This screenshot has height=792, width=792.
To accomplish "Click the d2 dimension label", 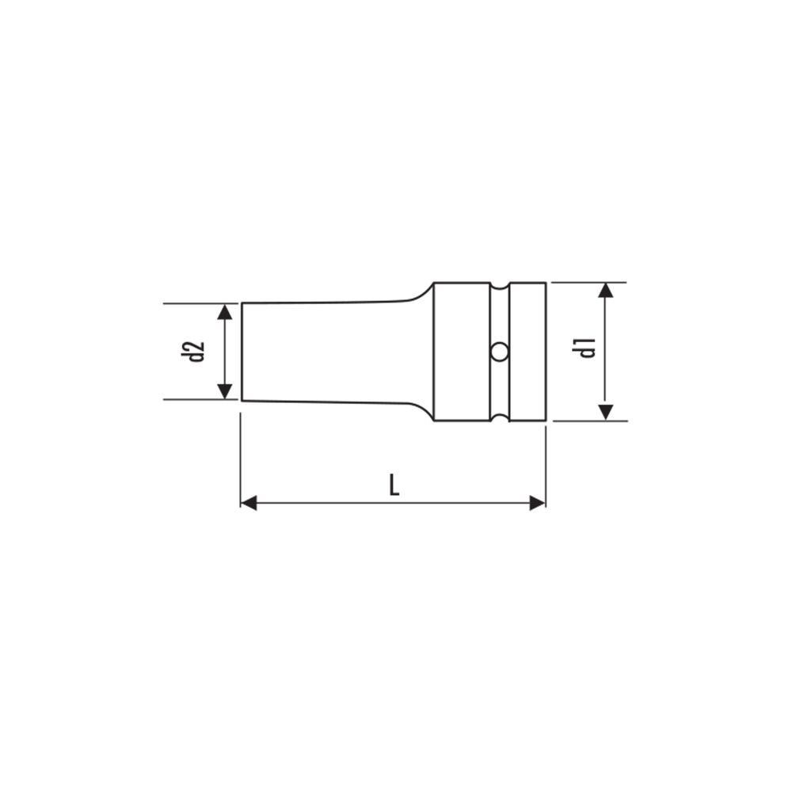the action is click(193, 352).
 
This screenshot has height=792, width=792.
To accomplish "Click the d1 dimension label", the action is click(588, 348).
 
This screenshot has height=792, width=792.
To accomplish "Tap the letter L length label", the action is click(394, 485).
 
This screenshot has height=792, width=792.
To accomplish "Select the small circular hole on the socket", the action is click(500, 352).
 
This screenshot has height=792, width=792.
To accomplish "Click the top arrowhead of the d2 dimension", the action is click(225, 311).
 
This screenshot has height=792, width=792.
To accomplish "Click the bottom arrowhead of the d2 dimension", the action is click(225, 391).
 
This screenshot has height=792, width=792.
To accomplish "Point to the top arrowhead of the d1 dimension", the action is click(606, 291).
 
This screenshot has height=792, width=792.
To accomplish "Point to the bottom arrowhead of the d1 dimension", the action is click(606, 412).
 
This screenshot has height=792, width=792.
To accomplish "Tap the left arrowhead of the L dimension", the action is click(249, 503).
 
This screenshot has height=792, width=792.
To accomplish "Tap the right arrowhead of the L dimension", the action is click(538, 503).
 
